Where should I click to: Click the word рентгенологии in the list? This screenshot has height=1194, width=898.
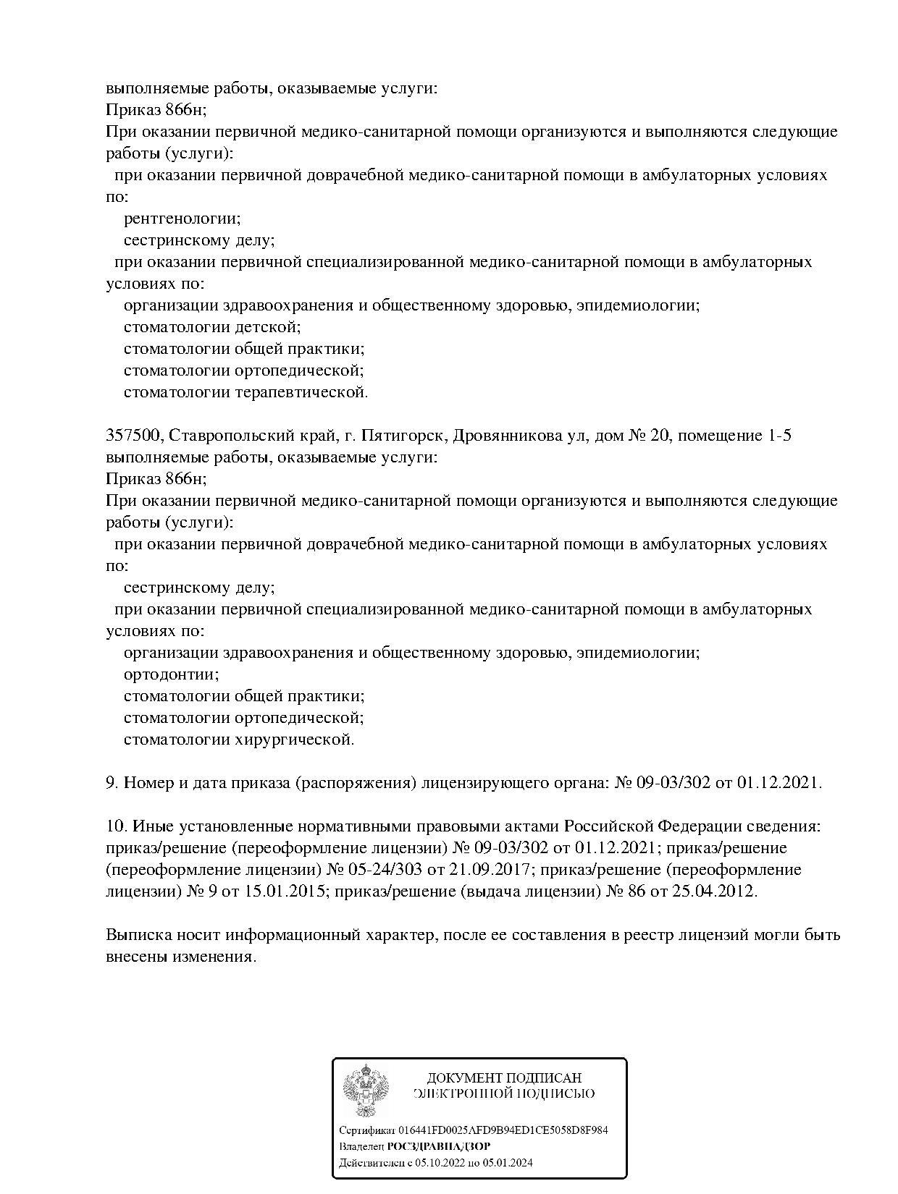182,218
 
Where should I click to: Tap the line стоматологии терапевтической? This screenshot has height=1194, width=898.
246,392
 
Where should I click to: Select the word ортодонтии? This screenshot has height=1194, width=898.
171,674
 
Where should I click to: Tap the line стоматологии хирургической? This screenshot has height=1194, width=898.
238,740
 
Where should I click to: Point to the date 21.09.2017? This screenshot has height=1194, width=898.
429,869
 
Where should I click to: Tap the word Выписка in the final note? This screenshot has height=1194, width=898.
137,934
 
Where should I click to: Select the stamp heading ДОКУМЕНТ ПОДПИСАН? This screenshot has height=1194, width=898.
504,1078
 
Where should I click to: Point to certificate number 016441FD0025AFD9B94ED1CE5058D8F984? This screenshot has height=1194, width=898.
500,1130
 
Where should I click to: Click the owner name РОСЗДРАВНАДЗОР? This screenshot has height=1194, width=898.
439,1146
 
